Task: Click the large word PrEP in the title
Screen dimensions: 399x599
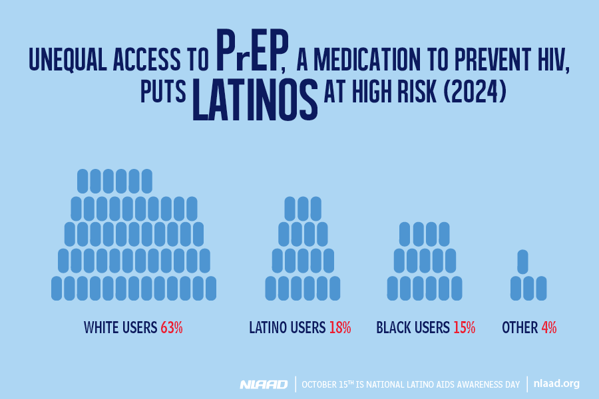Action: (x=250, y=53)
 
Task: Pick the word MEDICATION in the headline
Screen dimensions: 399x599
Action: (x=380, y=61)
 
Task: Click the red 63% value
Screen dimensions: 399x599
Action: (x=171, y=327)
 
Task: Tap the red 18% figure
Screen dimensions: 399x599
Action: (x=339, y=327)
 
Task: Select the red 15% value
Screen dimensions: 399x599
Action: (x=464, y=327)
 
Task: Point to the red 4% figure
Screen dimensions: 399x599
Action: (x=548, y=327)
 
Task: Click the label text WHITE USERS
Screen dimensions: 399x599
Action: (x=120, y=327)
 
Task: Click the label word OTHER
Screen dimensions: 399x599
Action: (x=519, y=327)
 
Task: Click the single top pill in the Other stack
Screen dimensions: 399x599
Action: (x=523, y=261)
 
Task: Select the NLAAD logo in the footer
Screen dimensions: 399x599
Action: (x=264, y=384)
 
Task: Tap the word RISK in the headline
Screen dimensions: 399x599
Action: (x=414, y=92)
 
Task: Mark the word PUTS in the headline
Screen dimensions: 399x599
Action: (x=163, y=92)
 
